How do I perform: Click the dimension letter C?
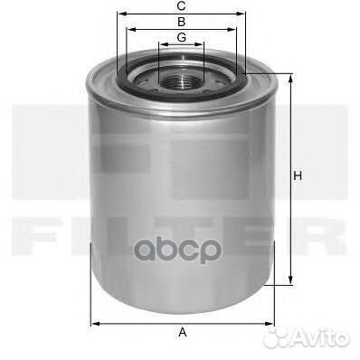pos(181,5)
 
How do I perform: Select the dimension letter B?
pos(182,22)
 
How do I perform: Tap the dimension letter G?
pos(182,38)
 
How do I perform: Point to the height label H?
pos(298,175)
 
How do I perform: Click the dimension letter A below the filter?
pos(183,332)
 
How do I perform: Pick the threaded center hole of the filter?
pos(181,81)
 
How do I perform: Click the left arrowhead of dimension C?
pos(121,14)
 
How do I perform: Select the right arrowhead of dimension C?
pos(242,14)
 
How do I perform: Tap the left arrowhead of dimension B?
pos(131,30)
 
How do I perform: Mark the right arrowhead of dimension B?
pos(232,30)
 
